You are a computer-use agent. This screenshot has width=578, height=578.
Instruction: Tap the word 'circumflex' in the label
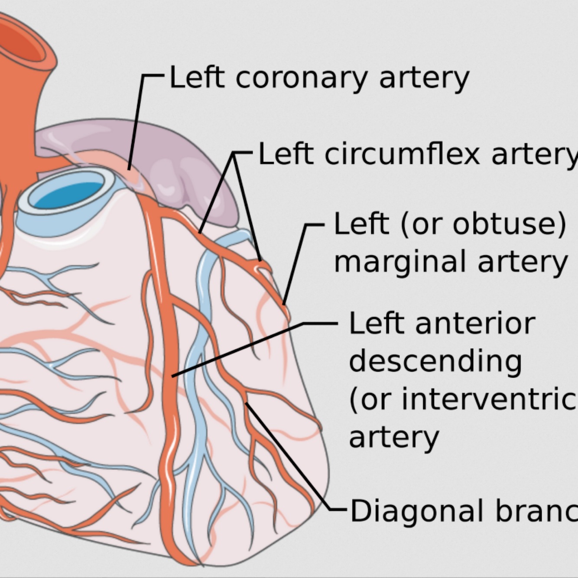click(402, 155)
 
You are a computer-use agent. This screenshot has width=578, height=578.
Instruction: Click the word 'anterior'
click(475, 324)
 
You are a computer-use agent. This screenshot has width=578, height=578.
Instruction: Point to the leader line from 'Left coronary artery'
click(136, 121)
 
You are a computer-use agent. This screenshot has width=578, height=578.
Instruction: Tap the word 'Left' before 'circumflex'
click(285, 155)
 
